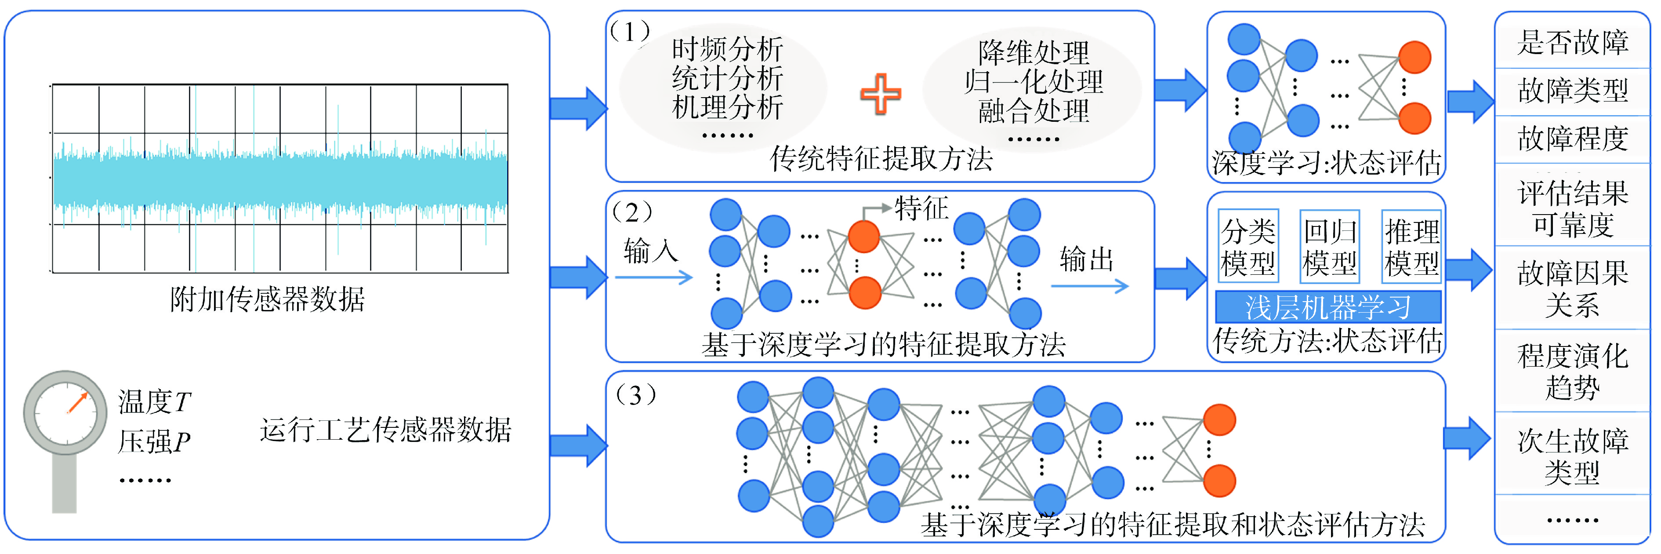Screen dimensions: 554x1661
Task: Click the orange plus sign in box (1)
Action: (x=880, y=94)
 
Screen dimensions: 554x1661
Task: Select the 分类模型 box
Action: (x=1248, y=246)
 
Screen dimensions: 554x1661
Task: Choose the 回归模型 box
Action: (x=1330, y=246)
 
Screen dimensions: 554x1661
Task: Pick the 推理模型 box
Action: (x=1411, y=246)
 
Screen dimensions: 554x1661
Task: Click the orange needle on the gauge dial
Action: (x=77, y=403)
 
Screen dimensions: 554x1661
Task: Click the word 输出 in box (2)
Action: (x=1087, y=259)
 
